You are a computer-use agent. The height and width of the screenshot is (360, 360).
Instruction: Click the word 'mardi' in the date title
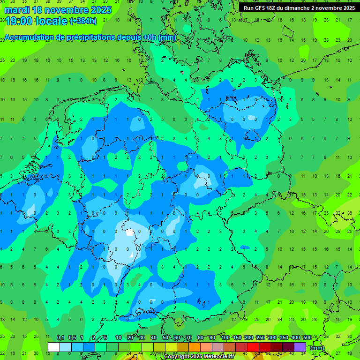point(16,9)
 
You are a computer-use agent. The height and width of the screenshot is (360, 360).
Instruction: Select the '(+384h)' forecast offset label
point(83,21)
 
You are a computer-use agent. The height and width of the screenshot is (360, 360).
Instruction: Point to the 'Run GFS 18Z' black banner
point(299,8)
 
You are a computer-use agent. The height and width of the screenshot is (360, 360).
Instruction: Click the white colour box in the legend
point(54,347)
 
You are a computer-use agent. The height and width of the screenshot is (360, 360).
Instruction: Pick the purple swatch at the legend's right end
point(300,347)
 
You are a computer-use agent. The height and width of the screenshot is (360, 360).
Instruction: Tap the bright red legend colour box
point(253,347)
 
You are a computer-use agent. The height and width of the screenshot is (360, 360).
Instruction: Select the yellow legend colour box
point(171,347)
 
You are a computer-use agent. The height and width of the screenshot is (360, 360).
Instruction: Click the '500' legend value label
point(307,338)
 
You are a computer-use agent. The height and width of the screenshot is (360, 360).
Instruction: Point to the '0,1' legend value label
point(60,338)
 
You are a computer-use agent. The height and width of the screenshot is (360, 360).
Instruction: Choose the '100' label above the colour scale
point(225,338)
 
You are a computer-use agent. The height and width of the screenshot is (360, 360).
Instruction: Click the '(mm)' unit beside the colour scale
point(317,348)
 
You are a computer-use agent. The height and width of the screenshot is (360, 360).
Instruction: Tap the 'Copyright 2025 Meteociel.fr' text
point(199,357)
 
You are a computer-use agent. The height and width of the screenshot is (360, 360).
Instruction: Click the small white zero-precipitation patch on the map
point(129,232)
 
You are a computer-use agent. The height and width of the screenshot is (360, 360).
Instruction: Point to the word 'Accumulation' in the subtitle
point(28,37)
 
